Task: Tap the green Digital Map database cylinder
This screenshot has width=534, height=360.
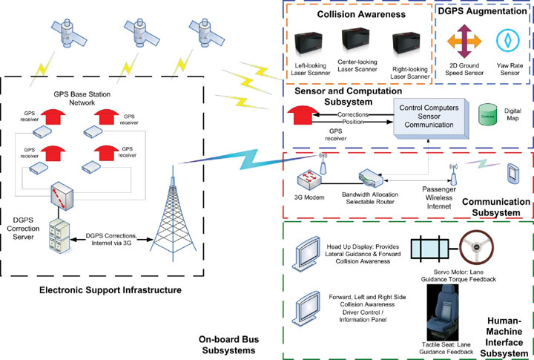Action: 487,116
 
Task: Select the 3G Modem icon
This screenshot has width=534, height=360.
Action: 309,178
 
